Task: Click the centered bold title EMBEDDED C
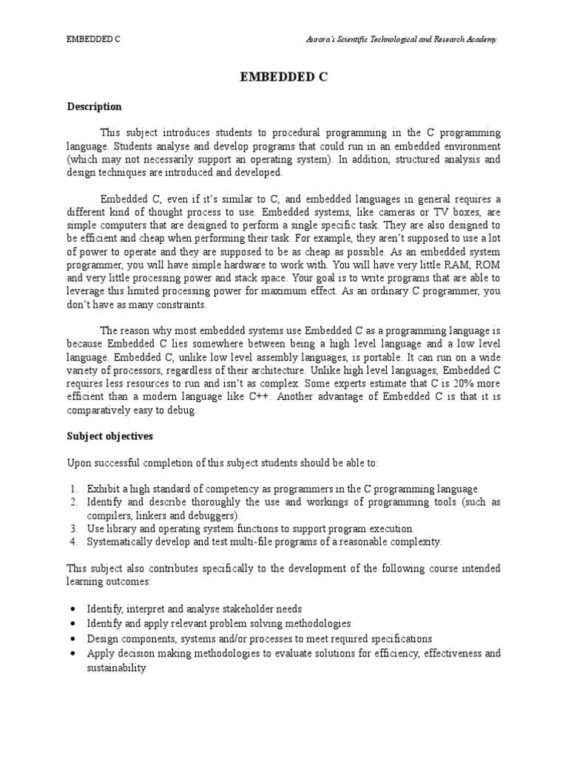(284, 76)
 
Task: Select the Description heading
(94, 107)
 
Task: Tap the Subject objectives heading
(109, 436)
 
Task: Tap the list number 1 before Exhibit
(74, 489)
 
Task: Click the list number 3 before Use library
(74, 529)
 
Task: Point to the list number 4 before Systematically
(74, 542)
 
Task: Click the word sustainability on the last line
(116, 668)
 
